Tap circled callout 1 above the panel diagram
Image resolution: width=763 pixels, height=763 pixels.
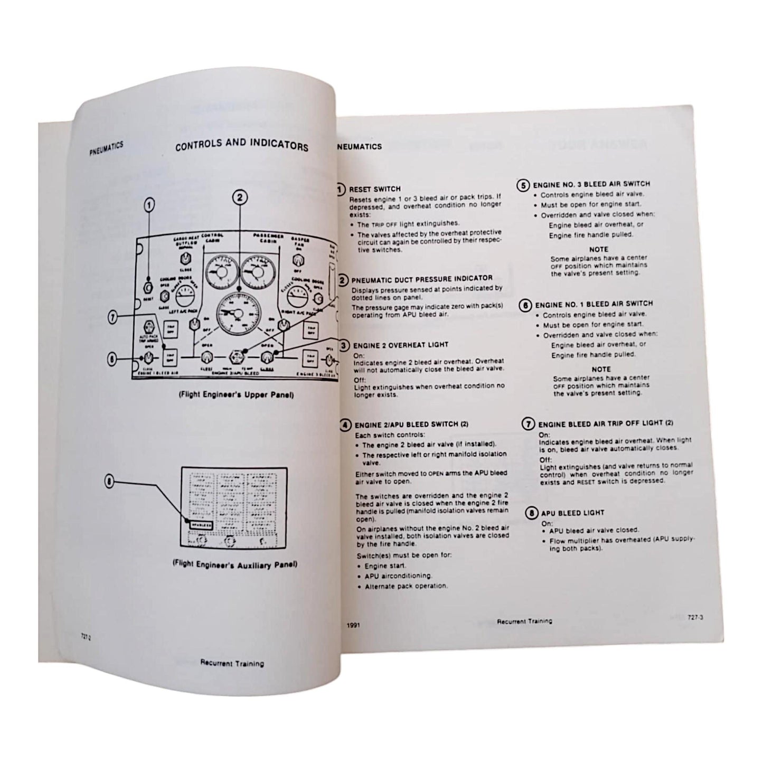tap(149, 204)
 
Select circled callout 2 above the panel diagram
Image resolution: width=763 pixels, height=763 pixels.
tap(239, 197)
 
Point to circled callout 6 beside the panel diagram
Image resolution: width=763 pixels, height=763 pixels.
tap(112, 359)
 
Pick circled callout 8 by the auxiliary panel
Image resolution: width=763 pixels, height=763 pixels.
tap(110, 481)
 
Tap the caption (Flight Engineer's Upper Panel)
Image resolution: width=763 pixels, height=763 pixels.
tap(236, 395)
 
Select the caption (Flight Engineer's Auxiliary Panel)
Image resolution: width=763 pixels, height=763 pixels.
tap(235, 564)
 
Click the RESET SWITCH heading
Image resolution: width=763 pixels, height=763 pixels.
tap(375, 189)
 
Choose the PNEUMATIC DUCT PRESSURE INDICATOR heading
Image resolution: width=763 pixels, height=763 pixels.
tap(422, 278)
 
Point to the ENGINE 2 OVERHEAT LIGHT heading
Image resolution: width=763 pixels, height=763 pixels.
tap(401, 345)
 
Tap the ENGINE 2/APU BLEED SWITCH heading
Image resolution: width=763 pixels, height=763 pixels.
tap(411, 424)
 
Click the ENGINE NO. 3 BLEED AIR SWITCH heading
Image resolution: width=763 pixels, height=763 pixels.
tap(591, 184)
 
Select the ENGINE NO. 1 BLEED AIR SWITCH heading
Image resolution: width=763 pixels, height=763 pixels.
tap(594, 305)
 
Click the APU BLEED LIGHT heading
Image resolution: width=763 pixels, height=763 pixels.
tap(572, 512)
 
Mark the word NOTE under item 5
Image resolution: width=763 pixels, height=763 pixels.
tap(598, 249)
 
